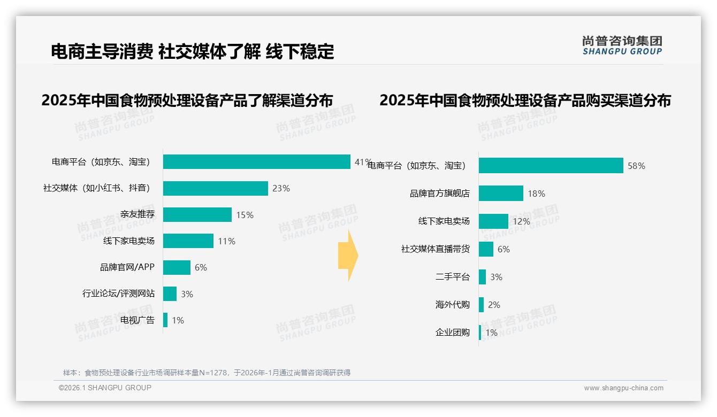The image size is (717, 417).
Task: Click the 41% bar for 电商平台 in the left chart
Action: [257, 161]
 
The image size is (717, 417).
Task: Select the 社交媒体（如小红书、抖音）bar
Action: [215, 188]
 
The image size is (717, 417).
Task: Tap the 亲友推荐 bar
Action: [197, 214]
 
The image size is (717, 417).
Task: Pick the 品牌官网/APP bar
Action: [177, 267]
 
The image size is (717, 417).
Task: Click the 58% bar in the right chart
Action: [551, 165]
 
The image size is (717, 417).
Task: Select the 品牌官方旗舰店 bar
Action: [501, 193]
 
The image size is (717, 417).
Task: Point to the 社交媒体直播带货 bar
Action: [486, 249]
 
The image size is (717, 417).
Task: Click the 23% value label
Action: [281, 188]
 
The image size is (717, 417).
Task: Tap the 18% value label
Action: [536, 194]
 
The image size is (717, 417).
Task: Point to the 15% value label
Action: [245, 215]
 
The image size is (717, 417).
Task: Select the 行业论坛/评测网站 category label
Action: [118, 294]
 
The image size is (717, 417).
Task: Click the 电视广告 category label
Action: [137, 320]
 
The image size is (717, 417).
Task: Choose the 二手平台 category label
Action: [452, 277]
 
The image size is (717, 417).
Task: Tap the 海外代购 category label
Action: [452, 305]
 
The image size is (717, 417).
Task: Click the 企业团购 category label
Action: [452, 333]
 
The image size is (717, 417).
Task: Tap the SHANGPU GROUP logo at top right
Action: [622, 45]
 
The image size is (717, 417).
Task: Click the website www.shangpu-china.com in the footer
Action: [623, 388]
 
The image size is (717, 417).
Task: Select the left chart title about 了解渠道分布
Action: [187, 100]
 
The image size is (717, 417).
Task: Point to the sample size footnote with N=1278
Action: [207, 373]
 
